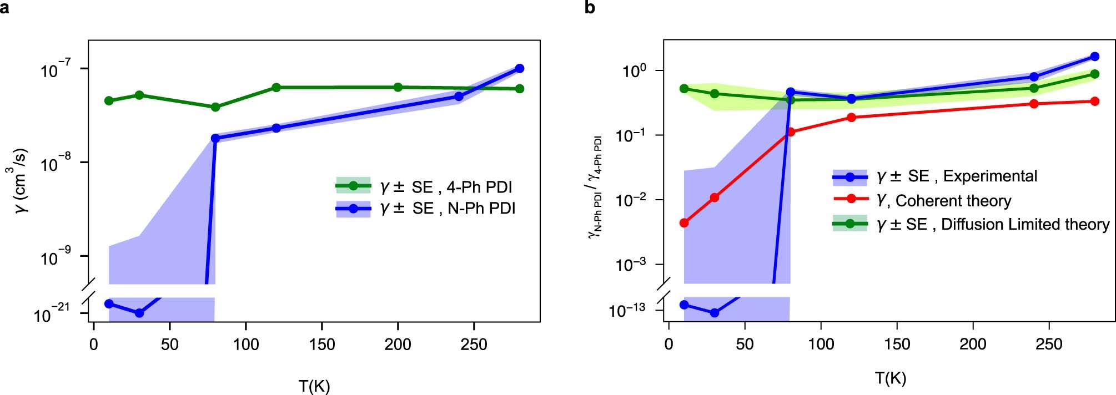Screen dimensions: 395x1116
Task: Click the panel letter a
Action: [x=5, y=8]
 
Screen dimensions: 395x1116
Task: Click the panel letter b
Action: [x=590, y=8]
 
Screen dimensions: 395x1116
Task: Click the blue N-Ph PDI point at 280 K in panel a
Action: [x=520, y=68]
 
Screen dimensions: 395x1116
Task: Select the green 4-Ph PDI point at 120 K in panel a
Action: [x=276, y=87]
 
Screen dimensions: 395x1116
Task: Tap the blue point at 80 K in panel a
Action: [x=215, y=138]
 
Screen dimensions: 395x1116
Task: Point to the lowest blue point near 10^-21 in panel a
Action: [x=139, y=313]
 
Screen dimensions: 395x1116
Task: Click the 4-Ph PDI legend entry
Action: [x=425, y=186]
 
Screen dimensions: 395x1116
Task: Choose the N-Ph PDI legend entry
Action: [x=425, y=208]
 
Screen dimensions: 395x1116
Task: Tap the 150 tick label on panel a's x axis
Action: [x=322, y=345]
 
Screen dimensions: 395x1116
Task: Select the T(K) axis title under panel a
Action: [x=314, y=385]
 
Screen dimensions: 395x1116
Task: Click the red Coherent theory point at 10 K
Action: [x=684, y=223]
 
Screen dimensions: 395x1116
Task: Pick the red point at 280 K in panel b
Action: [x=1095, y=101]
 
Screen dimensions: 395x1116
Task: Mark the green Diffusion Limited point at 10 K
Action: [x=684, y=89]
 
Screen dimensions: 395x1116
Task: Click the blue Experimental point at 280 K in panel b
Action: [x=1095, y=57]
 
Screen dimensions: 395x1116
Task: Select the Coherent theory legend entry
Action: [x=922, y=200]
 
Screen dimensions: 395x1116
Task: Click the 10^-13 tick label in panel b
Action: [x=627, y=310]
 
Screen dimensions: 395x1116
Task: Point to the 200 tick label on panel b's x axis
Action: [x=973, y=345]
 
